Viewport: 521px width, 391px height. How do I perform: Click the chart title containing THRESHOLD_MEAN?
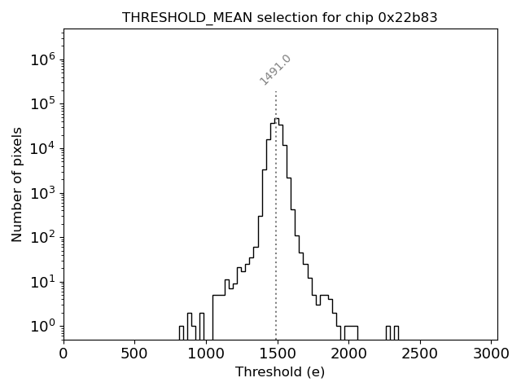click(280, 17)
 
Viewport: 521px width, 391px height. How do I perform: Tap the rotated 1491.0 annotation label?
click(275, 70)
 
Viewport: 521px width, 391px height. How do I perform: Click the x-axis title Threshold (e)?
click(280, 372)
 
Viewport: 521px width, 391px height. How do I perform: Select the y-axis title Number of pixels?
click(17, 184)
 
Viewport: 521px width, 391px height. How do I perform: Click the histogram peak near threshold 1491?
click(276, 119)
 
